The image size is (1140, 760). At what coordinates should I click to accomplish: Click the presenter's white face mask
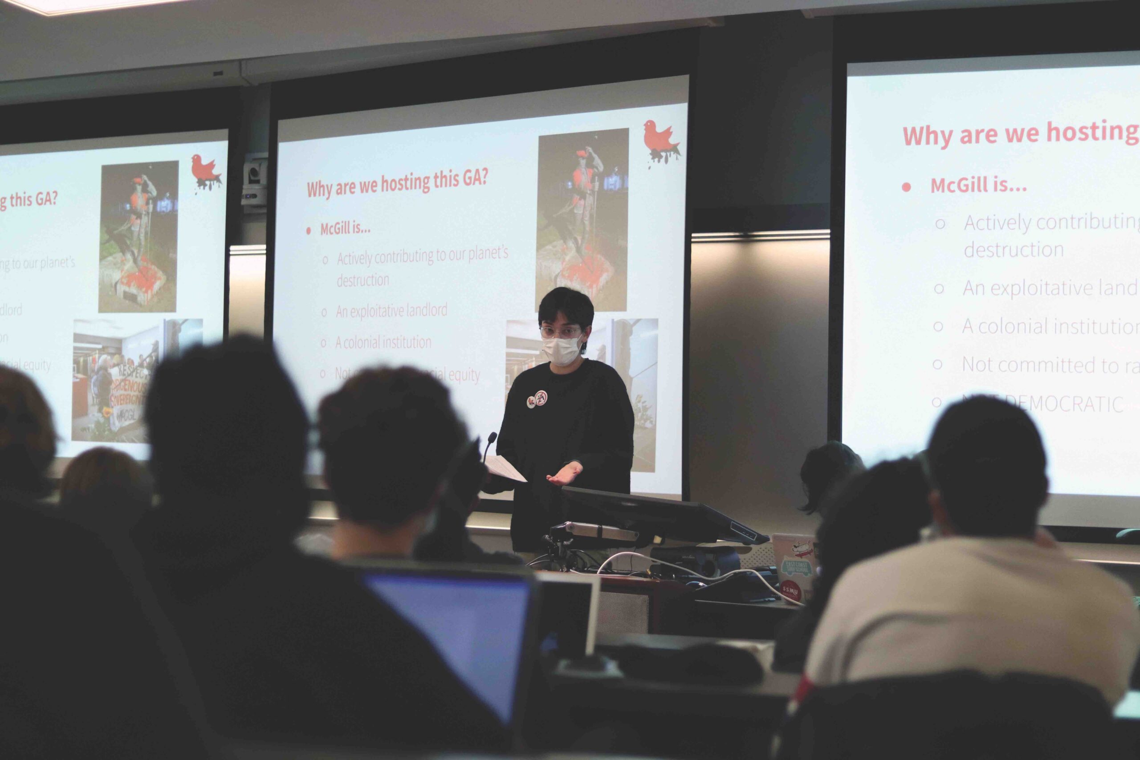point(561,350)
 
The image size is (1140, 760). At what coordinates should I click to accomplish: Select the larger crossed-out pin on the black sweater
point(541,398)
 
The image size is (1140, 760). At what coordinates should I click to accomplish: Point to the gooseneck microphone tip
point(493,437)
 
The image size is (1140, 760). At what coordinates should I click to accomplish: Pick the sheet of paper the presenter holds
point(506,468)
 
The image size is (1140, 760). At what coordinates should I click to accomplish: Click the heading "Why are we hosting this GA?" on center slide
point(397,184)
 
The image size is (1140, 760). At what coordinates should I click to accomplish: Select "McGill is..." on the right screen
point(978,185)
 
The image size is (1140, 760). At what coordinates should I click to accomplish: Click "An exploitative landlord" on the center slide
point(391,311)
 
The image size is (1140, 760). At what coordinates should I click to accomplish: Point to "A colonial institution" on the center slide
point(383,343)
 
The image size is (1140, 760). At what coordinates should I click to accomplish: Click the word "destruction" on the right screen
point(1014,250)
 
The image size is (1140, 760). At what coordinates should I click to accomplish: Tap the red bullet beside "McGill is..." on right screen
point(906,187)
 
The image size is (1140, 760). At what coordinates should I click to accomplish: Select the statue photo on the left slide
point(138,236)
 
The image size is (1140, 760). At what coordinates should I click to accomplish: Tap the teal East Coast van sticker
point(795,568)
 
